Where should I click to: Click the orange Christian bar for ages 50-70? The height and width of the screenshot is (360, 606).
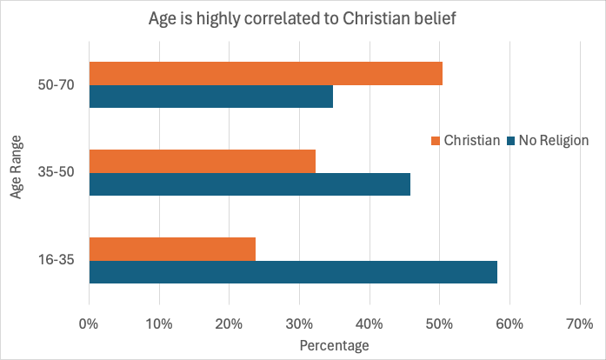pyautogui.click(x=265, y=74)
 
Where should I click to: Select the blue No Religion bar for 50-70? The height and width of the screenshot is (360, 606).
pyautogui.click(x=210, y=97)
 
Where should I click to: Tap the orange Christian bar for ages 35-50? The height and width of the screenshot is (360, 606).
pyautogui.click(x=202, y=161)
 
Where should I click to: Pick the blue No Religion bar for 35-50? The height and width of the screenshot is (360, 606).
pyautogui.click(x=250, y=184)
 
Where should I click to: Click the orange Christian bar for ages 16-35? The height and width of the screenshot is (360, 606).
pyautogui.click(x=172, y=249)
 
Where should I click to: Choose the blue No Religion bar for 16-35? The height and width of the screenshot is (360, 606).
pyautogui.click(x=293, y=271)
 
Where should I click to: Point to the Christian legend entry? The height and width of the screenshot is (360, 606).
pyautogui.click(x=464, y=140)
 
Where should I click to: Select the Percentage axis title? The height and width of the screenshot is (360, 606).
pyautogui.click(x=334, y=346)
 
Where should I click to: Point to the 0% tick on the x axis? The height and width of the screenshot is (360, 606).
pyautogui.click(x=89, y=324)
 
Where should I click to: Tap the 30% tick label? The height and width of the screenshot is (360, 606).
pyautogui.click(x=299, y=324)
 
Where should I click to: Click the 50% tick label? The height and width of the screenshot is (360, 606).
pyautogui.click(x=439, y=324)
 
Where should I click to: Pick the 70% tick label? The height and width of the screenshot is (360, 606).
pyautogui.click(x=579, y=324)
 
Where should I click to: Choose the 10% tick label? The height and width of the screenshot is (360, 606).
pyautogui.click(x=158, y=324)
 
